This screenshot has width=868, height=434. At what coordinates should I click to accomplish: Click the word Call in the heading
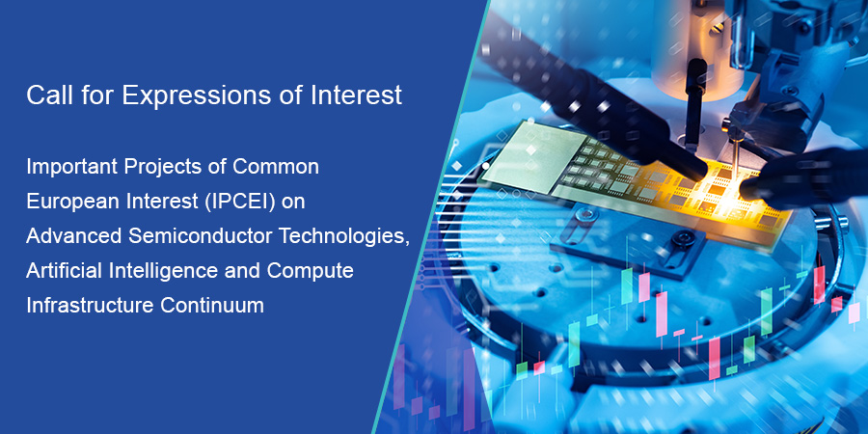pyautogui.click(x=45, y=96)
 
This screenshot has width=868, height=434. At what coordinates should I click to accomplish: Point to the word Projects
pyautogui.click(x=163, y=166)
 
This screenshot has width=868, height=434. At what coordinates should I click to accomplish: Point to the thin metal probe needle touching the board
pyautogui.click(x=734, y=164)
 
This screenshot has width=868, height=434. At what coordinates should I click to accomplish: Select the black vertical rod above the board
pyautogui.click(x=691, y=92)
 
